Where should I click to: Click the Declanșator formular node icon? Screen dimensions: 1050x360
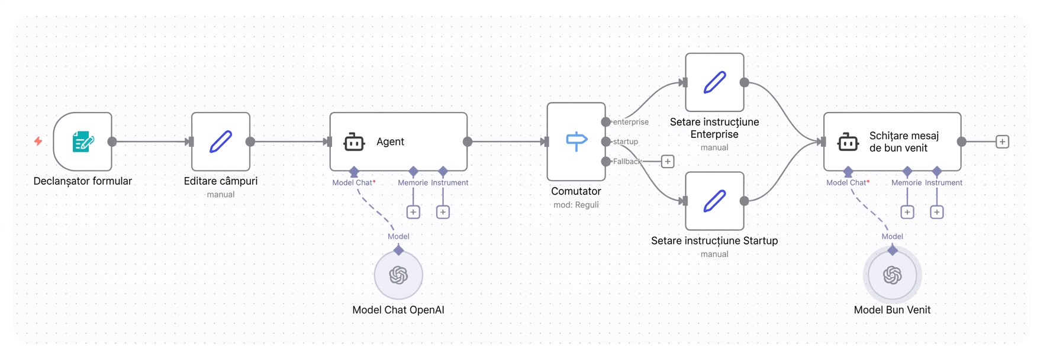[x=83, y=142]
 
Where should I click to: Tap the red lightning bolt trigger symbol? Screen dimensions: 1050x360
[x=38, y=141]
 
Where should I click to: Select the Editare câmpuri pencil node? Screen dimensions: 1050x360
[x=221, y=142]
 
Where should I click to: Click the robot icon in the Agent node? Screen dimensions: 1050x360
[x=354, y=142]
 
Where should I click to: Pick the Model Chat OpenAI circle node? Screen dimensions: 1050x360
[x=398, y=275]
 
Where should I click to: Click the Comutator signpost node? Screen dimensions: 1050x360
[x=576, y=142]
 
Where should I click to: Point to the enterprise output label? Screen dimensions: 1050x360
[x=631, y=122]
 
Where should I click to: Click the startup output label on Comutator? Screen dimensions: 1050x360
[x=626, y=142]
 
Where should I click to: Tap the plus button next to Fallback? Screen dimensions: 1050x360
[x=668, y=161]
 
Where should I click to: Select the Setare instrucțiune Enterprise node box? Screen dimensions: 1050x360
[x=714, y=82]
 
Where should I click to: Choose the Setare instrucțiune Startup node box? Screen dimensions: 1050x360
[x=714, y=201]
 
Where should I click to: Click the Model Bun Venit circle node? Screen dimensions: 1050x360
[x=893, y=275]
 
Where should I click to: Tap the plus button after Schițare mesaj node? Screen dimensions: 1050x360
[x=1002, y=142]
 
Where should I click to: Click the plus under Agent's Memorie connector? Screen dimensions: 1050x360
[x=413, y=212]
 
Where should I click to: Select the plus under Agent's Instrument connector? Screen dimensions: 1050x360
[x=443, y=212]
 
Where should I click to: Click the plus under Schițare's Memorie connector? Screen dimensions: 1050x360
[x=907, y=212]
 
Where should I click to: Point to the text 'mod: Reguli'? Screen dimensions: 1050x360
[x=576, y=205]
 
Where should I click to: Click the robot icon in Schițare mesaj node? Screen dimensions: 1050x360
[x=848, y=142]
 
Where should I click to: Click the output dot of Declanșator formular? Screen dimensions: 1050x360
[x=112, y=142]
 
